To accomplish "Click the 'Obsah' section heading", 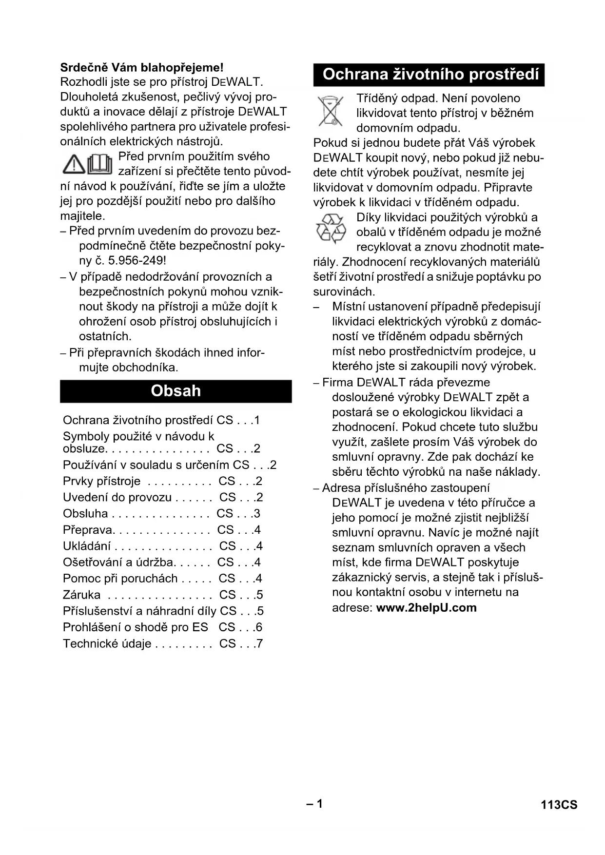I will [x=176, y=391].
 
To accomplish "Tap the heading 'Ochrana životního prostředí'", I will [x=430, y=75].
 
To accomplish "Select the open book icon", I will [x=100, y=164].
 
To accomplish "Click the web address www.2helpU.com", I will [x=426, y=607].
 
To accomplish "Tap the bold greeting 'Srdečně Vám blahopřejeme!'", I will [x=142, y=67].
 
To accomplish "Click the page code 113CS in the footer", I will [x=559, y=805].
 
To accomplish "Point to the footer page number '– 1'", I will [x=314, y=804].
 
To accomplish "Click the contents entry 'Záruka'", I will [x=82, y=595].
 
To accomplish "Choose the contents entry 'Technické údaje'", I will [x=107, y=643].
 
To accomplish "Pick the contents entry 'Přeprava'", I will [x=88, y=530].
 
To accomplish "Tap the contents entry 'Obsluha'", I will [x=85, y=513].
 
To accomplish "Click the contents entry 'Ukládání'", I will [x=86, y=546].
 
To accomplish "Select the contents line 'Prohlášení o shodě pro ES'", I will [x=135, y=627].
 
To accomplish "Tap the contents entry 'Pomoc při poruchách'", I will [x=120, y=579].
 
